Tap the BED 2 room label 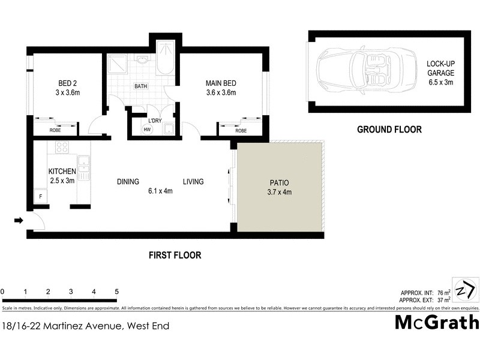pos(67,87)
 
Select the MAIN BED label pos(221,87)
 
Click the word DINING pos(128,182)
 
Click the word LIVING pos(193,182)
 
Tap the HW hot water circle pos(146,129)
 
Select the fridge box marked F pos(40,196)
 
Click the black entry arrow pos(19,221)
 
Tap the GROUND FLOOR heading pos(389,129)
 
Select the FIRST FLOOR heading pos(175,255)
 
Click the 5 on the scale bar pos(116,292)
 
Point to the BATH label pos(140,86)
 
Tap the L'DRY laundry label pos(155,121)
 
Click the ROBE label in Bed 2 pos(55,130)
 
